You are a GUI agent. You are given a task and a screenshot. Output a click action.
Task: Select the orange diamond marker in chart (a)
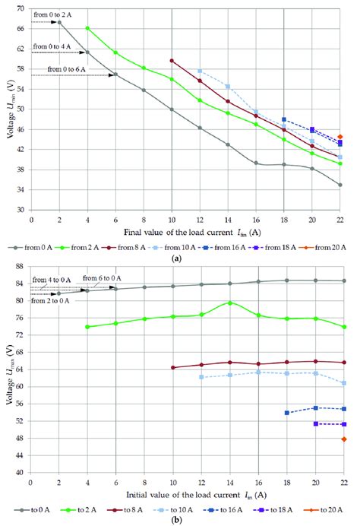click(340, 137)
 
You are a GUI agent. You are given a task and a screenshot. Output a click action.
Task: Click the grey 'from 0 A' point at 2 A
click(59, 22)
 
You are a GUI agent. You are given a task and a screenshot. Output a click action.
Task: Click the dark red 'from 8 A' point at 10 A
click(172, 61)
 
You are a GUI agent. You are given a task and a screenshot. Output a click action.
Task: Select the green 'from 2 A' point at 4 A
click(87, 28)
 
